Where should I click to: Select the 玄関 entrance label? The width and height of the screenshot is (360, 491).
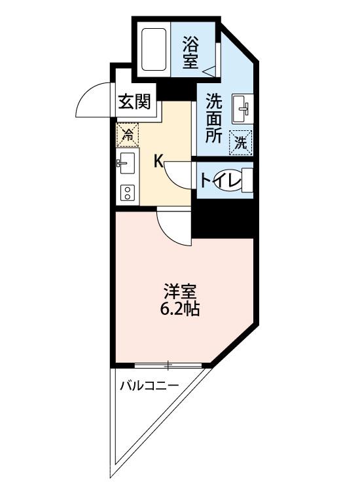click(135, 102)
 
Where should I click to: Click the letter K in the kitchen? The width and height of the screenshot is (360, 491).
click(158, 161)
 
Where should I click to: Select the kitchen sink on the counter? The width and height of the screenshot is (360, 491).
click(126, 163)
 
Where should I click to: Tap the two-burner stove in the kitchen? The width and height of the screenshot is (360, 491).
click(126, 192)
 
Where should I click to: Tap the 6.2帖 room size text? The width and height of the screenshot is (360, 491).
click(181, 308)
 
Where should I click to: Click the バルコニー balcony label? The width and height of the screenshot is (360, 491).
click(149, 386)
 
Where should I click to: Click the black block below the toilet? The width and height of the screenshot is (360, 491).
click(223, 218)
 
